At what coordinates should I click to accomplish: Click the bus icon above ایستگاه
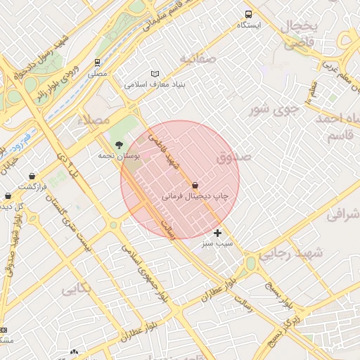coord(248,14)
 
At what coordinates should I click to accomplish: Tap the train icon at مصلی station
coord(97,62)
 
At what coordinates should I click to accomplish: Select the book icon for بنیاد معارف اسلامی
coord(155,74)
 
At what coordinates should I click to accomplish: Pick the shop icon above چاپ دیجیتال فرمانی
coord(195,185)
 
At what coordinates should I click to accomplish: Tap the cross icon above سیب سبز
coord(217,232)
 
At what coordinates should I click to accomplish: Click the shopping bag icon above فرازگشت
coord(32,176)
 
